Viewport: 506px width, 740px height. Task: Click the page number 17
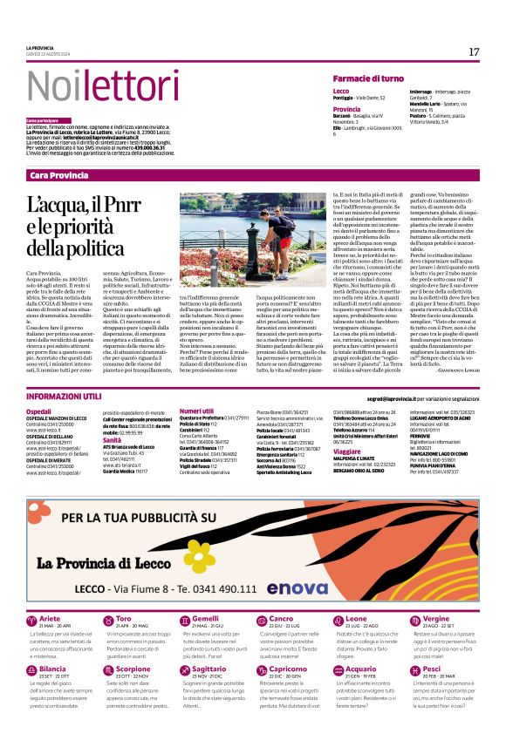click(474, 51)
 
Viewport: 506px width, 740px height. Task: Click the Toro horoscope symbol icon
click(105, 621)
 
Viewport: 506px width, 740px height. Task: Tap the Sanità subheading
click(111, 440)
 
